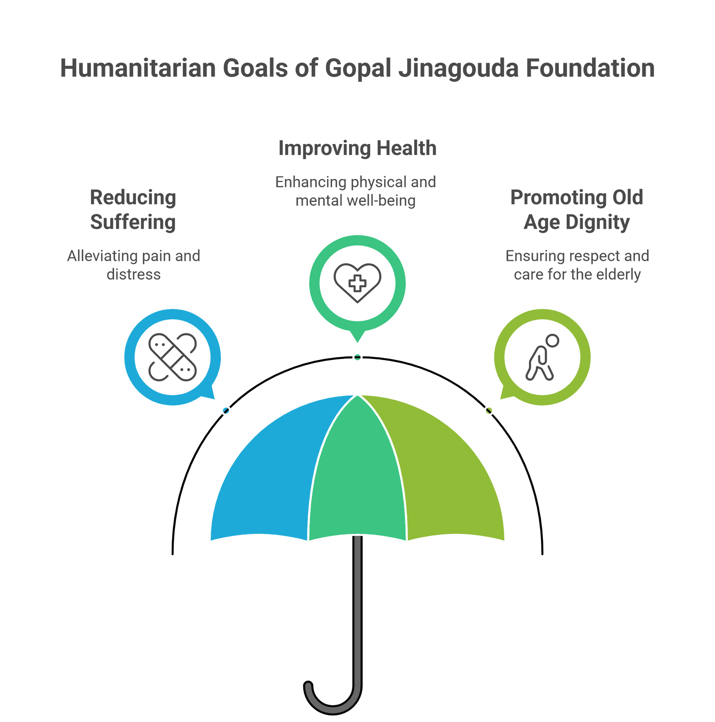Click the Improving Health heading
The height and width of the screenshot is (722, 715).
pos(357,148)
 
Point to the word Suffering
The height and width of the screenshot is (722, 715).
pos(133,222)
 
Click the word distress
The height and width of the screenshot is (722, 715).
pos(134,275)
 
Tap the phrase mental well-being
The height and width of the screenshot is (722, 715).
pos(356,201)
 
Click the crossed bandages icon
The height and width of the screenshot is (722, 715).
pos(173,357)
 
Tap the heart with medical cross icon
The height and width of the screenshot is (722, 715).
pos(357,283)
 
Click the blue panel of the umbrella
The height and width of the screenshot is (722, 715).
pos(271,478)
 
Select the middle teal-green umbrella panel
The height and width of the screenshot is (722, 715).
pos(357,478)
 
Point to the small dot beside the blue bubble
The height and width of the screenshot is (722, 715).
pos(226,411)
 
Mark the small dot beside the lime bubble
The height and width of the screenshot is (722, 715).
pos(488,411)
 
